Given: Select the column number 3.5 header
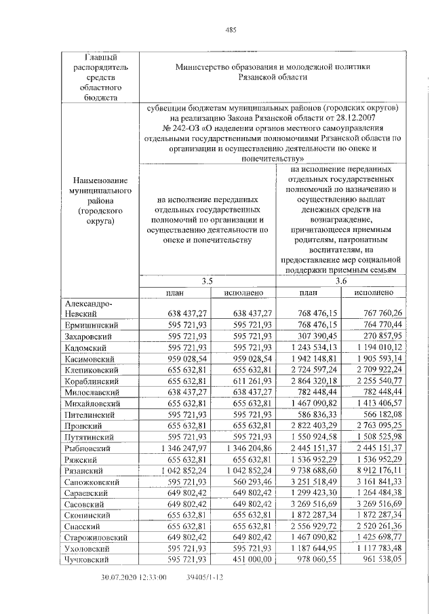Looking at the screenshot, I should [x=208, y=281].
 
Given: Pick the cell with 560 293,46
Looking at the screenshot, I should [x=248, y=481].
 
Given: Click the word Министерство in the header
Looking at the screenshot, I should [x=206, y=66].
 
